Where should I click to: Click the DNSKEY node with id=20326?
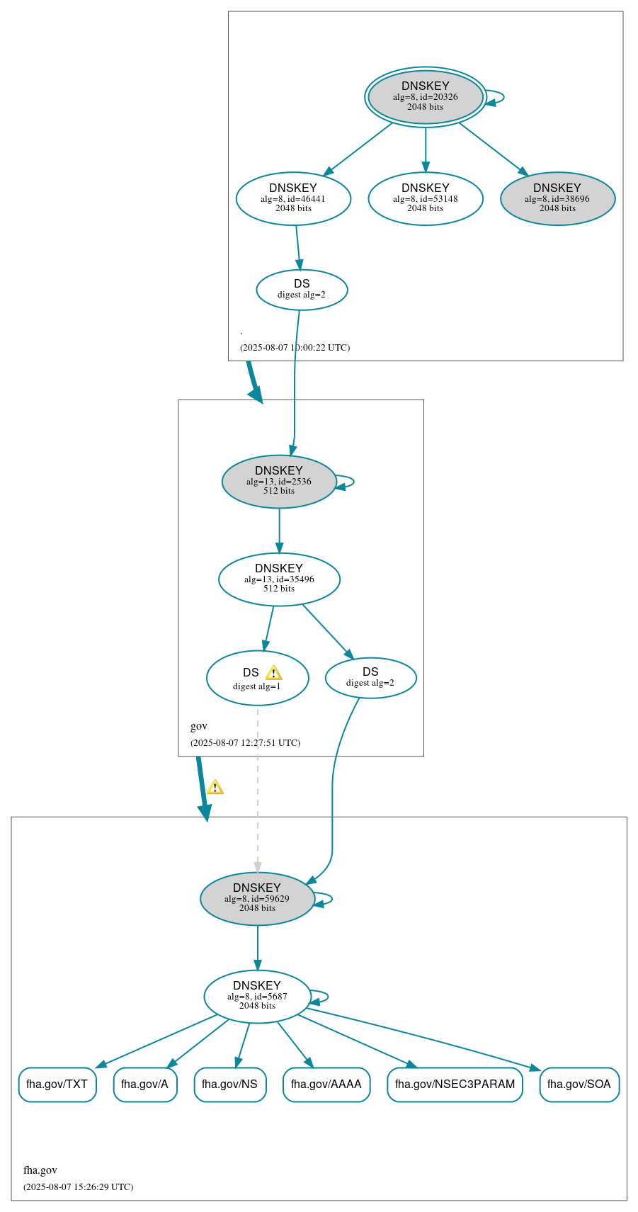[x=425, y=97]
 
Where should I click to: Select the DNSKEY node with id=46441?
[x=293, y=199]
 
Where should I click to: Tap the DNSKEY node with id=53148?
[x=425, y=199]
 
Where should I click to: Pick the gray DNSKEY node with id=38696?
[x=557, y=199]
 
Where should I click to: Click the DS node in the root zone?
[x=302, y=290]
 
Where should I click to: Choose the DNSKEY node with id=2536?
[x=279, y=482]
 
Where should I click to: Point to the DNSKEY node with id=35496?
[x=279, y=579]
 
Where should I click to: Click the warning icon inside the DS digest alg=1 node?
[x=273, y=673]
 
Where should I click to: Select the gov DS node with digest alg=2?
[x=370, y=678]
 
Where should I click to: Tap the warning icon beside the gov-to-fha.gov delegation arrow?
[x=215, y=787]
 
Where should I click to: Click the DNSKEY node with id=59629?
[x=257, y=899]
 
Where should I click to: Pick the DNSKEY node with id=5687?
[x=257, y=997]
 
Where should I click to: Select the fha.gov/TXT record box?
[x=57, y=1084]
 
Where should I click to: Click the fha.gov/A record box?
[x=145, y=1084]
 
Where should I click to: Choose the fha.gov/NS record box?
[x=230, y=1084]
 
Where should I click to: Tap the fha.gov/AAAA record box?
[x=326, y=1084]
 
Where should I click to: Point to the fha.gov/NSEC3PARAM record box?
[x=455, y=1084]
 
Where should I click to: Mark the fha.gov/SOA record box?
[x=579, y=1084]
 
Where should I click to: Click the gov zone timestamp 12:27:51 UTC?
[x=245, y=743]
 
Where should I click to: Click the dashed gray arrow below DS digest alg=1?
[x=258, y=786]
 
